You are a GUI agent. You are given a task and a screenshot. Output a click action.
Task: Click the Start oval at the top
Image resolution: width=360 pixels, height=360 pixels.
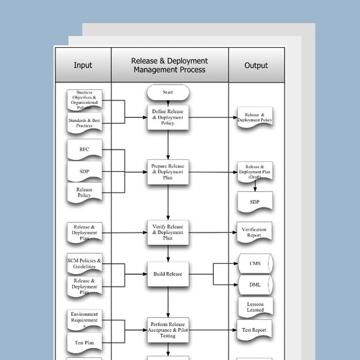pos(168,91)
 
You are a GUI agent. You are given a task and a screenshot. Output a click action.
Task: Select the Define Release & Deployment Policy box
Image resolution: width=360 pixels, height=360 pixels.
pos(168,116)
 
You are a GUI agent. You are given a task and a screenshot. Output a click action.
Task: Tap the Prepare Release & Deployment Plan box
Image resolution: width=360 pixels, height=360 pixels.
pos(168,172)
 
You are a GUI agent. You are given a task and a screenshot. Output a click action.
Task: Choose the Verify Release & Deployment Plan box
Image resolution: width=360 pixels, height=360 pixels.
pos(168,231)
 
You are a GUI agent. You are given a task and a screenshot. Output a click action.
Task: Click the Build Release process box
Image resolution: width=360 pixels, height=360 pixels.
pos(168,273)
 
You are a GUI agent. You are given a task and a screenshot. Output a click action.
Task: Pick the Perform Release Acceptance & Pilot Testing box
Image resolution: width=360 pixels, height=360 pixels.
pos(168,329)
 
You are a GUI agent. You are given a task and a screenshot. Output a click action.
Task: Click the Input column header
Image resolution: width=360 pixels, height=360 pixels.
pos(82,66)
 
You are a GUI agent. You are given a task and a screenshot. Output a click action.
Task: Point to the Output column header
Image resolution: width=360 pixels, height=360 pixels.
pos(256,66)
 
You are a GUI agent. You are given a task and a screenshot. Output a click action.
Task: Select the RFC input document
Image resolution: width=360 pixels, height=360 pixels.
pos(84,149)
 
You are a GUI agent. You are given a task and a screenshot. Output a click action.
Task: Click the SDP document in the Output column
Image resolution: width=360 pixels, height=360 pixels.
pos(254,201)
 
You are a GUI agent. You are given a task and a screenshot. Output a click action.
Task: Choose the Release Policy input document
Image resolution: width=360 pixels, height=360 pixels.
pos(84,192)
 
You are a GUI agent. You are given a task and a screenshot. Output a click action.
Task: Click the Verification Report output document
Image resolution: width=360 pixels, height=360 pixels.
pos(254,232)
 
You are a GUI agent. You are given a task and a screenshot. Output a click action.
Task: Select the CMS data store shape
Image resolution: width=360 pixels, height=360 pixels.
pos(254,263)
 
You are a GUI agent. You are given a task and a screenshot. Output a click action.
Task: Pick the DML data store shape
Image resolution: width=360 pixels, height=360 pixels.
pos(254,284)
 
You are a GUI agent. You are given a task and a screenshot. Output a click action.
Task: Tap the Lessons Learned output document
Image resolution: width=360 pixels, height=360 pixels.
pos(254,307)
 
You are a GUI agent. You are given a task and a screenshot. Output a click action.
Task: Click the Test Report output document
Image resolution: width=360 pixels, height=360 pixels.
pos(254,330)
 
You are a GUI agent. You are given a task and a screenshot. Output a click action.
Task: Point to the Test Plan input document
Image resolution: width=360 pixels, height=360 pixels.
pos(84,342)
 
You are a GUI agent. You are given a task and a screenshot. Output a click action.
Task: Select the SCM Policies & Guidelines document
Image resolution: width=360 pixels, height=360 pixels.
pos(84,264)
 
